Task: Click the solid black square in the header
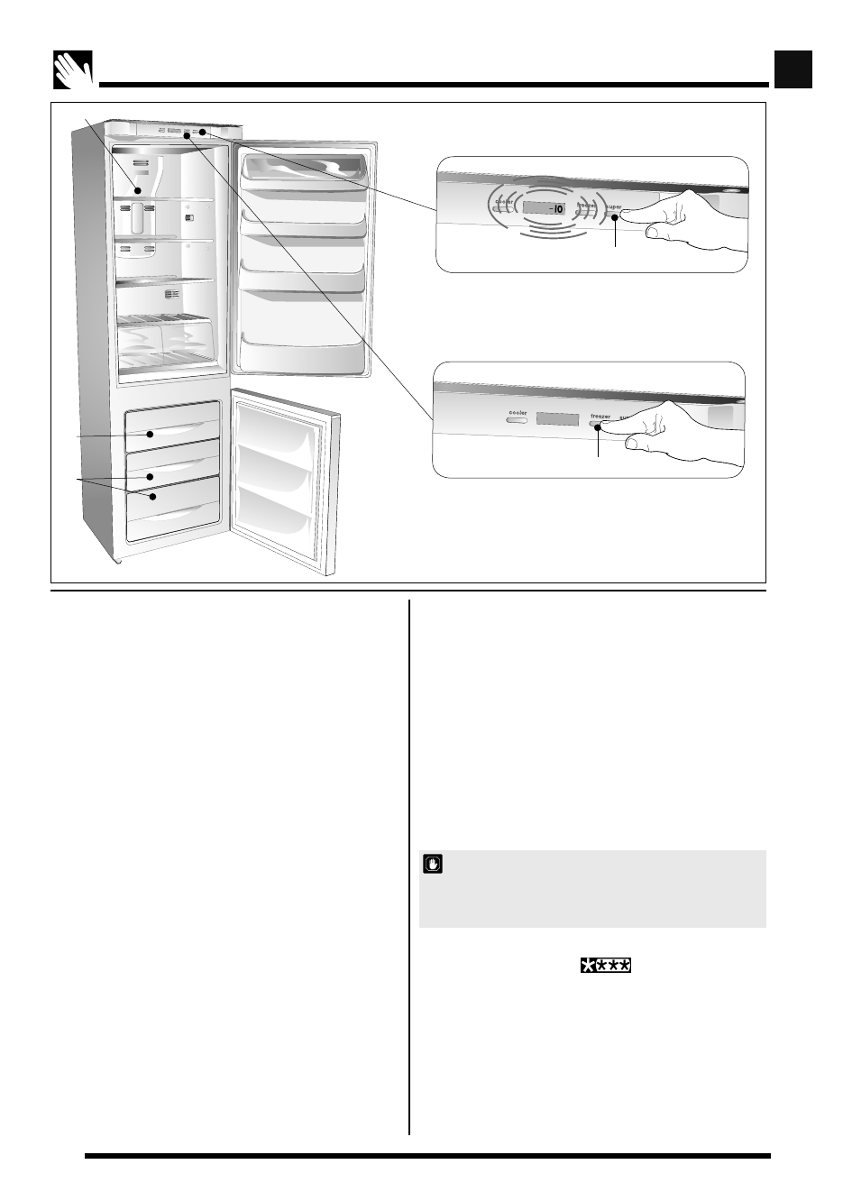tap(793, 69)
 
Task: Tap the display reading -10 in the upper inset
tap(549, 209)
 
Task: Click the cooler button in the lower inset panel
tap(516, 419)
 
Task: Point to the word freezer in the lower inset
tap(600, 417)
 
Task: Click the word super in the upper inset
tap(614, 207)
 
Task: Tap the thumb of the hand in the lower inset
tap(645, 443)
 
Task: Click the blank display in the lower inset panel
tap(557, 419)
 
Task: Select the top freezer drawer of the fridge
tap(173, 426)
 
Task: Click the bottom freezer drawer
tap(173, 509)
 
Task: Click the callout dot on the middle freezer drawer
tap(151, 475)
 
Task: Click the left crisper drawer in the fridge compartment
tap(140, 340)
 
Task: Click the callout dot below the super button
tap(615, 217)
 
